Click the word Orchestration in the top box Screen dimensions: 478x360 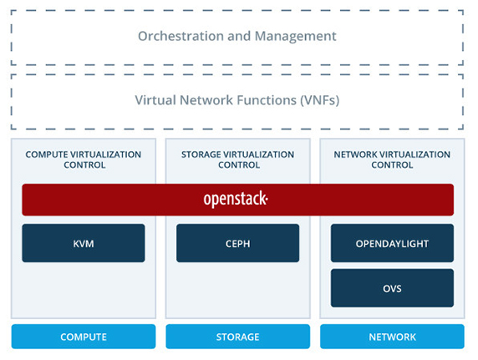tap(181, 36)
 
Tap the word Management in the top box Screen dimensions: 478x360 tap(295, 36)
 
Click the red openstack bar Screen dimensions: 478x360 tap(238, 200)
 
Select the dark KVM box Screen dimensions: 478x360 tap(84, 243)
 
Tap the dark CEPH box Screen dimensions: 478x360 tap(238, 243)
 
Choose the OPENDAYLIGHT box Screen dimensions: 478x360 tap(392, 243)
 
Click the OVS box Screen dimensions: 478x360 tap(392, 288)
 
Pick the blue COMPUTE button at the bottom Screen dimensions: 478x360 tap(84, 337)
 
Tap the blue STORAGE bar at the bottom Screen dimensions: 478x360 tap(238, 337)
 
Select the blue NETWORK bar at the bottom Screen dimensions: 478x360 tap(392, 337)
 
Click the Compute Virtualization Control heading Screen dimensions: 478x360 tap(84, 160)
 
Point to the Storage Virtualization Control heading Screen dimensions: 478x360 tap(238, 160)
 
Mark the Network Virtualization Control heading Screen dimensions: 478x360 tap(392, 160)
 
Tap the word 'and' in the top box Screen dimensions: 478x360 tap(239, 36)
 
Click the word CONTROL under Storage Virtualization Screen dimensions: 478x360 tap(239, 165)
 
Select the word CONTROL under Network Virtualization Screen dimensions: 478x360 tap(392, 165)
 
